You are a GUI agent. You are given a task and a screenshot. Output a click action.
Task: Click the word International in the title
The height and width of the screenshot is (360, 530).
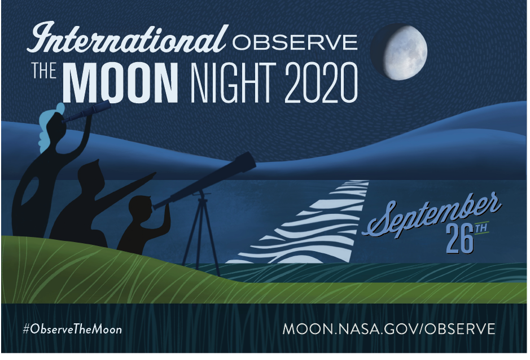[127, 37]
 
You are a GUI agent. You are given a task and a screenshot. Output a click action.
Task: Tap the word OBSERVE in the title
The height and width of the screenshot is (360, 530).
[295, 42]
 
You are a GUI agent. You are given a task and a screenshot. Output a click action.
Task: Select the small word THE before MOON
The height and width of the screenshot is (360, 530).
[44, 71]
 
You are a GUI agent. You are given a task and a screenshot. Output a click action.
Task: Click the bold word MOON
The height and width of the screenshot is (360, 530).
[120, 82]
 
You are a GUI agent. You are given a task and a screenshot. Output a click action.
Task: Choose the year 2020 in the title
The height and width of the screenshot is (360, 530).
[321, 82]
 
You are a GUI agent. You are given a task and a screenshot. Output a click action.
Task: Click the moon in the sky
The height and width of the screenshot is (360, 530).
[399, 52]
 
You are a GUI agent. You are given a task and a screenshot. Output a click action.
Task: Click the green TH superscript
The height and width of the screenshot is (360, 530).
[481, 228]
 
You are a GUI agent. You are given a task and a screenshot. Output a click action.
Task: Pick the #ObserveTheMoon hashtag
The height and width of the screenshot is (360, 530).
[72, 329]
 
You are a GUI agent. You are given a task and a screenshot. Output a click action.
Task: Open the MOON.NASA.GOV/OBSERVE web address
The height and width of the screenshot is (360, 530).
[389, 329]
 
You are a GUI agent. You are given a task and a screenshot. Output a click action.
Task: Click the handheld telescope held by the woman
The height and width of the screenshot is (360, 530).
[87, 111]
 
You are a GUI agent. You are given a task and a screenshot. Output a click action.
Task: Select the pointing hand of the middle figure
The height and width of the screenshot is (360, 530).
[150, 177]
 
